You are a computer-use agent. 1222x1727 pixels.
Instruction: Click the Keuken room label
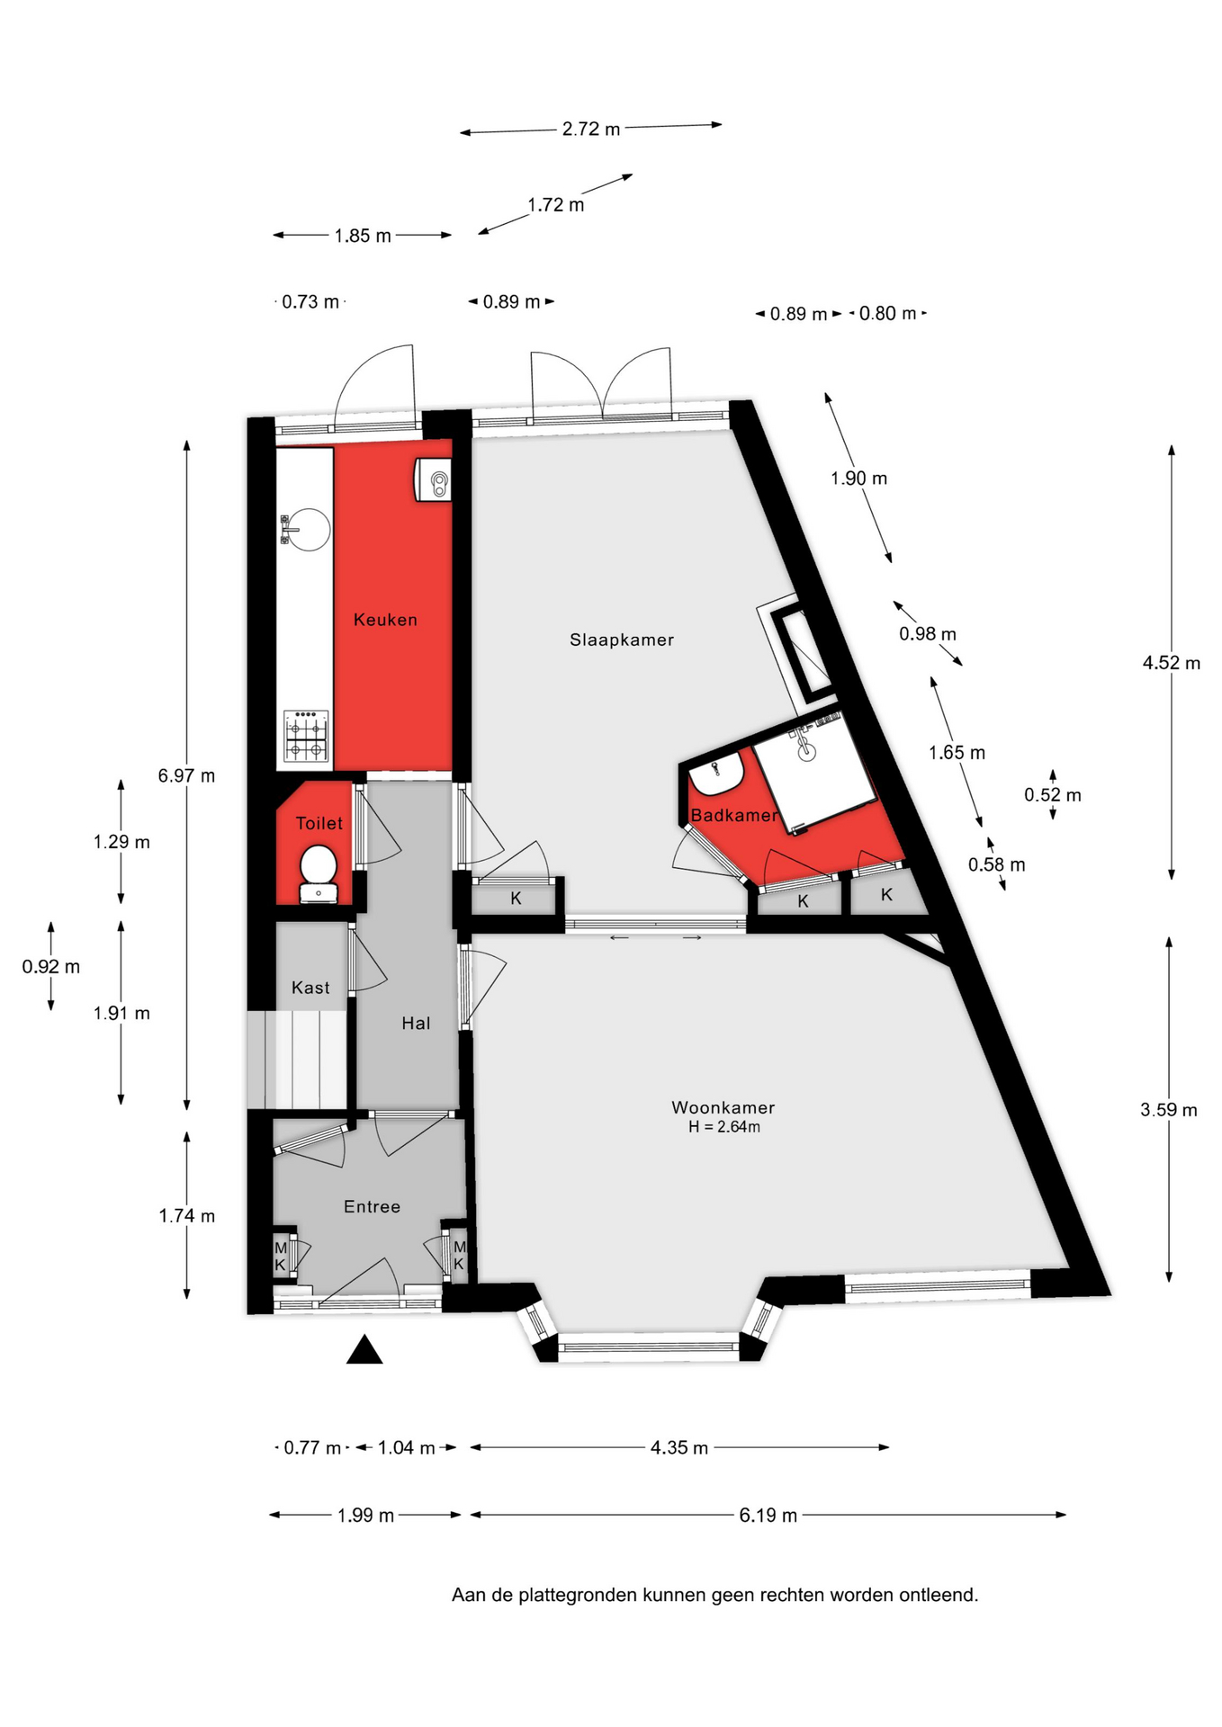click(385, 620)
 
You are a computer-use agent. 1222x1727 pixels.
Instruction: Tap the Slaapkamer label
click(622, 640)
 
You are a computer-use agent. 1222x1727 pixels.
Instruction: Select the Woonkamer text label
click(723, 1107)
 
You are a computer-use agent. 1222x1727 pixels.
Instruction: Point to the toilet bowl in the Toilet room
click(318, 866)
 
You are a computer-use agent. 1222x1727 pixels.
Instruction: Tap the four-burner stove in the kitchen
click(307, 736)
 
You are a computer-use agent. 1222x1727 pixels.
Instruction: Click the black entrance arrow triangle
click(364, 1349)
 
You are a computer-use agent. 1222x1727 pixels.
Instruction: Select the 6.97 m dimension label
click(186, 775)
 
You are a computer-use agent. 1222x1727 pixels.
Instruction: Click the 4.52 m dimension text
click(1172, 663)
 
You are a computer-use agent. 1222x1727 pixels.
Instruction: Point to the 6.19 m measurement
click(768, 1516)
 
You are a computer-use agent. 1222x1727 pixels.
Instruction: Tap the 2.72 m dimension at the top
click(591, 129)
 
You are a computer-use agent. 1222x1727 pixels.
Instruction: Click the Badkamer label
click(733, 815)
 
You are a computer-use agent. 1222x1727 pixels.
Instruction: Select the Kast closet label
click(310, 988)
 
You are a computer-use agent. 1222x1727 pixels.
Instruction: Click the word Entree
click(372, 1206)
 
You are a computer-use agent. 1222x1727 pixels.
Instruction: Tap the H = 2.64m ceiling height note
click(724, 1127)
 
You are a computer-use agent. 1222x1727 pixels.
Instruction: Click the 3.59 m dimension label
click(1169, 1110)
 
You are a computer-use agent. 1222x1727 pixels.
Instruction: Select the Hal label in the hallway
click(416, 1023)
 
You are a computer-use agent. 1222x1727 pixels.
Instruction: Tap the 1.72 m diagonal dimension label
click(556, 205)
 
